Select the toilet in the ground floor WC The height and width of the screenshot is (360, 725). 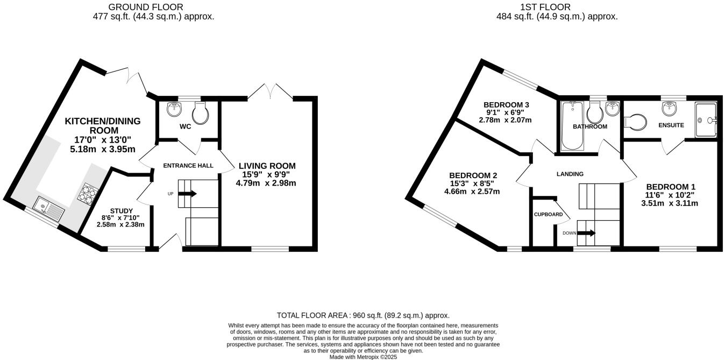pyautogui.click(x=200, y=114)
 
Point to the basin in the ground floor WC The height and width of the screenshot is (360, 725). pyautogui.click(x=174, y=109)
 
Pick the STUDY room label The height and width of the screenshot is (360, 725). pyautogui.click(x=120, y=210)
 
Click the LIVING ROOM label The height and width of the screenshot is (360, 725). pyautogui.click(x=267, y=166)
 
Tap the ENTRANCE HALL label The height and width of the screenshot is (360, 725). pyautogui.click(x=188, y=166)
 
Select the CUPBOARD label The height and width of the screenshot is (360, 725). pyautogui.click(x=548, y=214)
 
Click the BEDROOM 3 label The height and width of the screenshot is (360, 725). pyautogui.click(x=506, y=104)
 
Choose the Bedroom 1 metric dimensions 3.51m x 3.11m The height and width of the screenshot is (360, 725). pyautogui.click(x=669, y=203)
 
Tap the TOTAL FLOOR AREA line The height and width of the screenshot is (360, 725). pyautogui.click(x=363, y=315)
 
